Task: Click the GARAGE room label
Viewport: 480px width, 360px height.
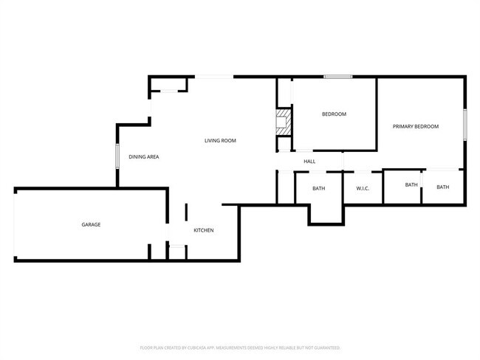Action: point(91,224)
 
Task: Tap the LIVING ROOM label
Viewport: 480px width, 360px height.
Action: point(220,140)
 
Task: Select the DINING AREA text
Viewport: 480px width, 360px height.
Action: point(144,156)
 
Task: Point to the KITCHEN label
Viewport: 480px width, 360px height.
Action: point(204,230)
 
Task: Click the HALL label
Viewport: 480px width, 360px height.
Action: point(309,161)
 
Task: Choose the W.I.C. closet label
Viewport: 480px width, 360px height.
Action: point(363,188)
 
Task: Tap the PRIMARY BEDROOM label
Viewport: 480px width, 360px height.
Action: point(416,126)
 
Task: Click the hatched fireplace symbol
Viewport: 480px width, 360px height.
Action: point(284,122)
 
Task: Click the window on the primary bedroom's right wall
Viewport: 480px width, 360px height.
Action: point(464,124)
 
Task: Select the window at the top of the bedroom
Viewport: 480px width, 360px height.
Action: point(337,76)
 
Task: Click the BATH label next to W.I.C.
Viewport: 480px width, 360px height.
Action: point(411,184)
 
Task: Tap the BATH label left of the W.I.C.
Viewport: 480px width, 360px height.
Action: point(318,188)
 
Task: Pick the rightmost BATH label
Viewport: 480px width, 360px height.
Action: point(442,187)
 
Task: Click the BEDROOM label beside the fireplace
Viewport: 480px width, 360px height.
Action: point(334,114)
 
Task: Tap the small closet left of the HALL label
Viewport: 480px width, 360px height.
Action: point(284,161)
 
